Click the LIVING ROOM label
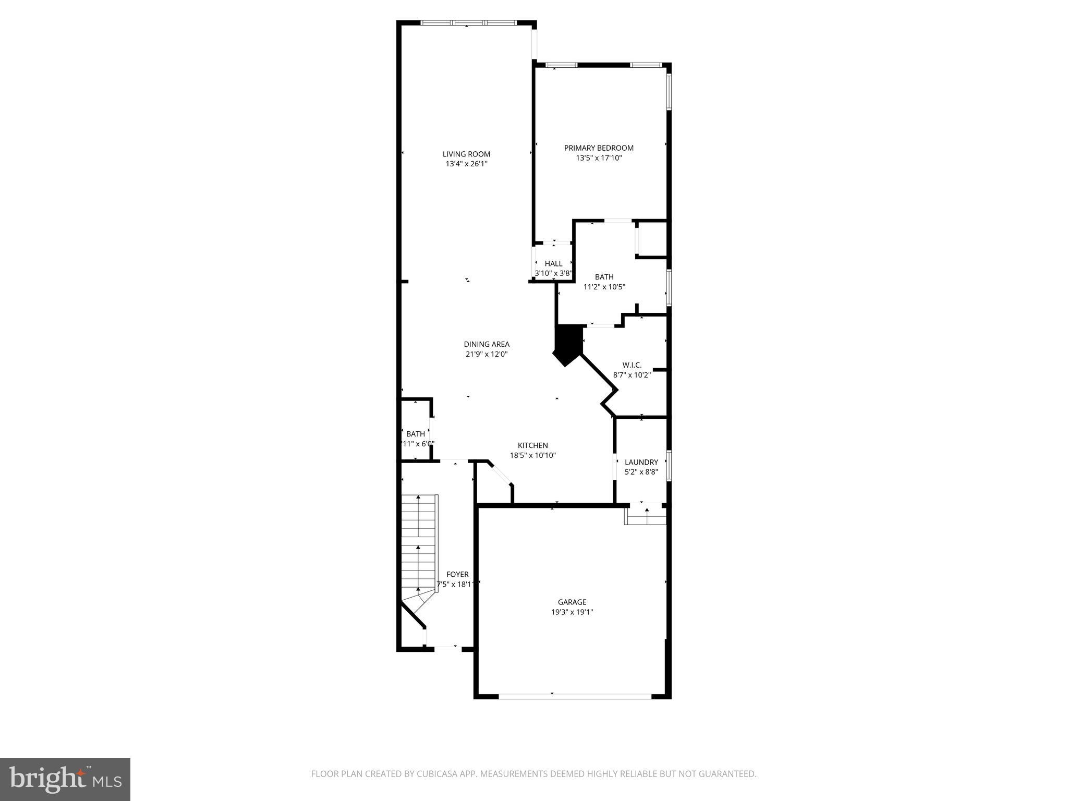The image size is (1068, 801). [x=466, y=154]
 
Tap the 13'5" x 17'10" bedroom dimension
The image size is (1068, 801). [x=599, y=157]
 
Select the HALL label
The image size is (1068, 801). [x=553, y=263]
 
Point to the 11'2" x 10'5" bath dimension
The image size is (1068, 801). [x=604, y=286]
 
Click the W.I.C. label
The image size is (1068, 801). [x=632, y=365]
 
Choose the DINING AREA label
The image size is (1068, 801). [x=487, y=344]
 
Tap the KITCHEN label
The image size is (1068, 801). [x=532, y=445]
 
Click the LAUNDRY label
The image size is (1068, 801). [x=641, y=462]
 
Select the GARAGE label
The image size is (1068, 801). [x=572, y=602]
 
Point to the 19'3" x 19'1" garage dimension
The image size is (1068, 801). [x=572, y=612]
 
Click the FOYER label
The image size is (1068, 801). [x=457, y=574]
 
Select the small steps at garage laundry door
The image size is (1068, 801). [x=646, y=516]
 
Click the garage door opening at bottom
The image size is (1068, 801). [x=575, y=696]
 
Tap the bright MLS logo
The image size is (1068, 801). [x=65, y=779]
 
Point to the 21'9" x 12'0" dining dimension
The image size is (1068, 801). [x=487, y=354]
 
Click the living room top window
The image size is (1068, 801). [x=468, y=23]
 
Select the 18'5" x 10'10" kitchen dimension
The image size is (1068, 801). [x=532, y=455]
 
